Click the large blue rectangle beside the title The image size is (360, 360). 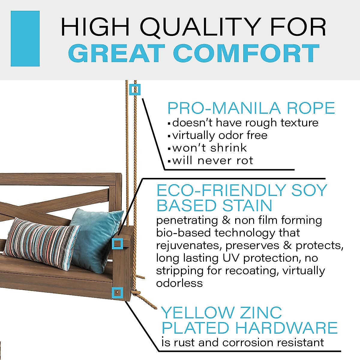pyautogui.click(x=25, y=38)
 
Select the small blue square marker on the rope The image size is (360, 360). pyautogui.click(x=135, y=89)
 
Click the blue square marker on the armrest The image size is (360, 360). pyautogui.click(x=117, y=243)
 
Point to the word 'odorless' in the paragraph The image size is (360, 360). pyautogui.click(x=179, y=283)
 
